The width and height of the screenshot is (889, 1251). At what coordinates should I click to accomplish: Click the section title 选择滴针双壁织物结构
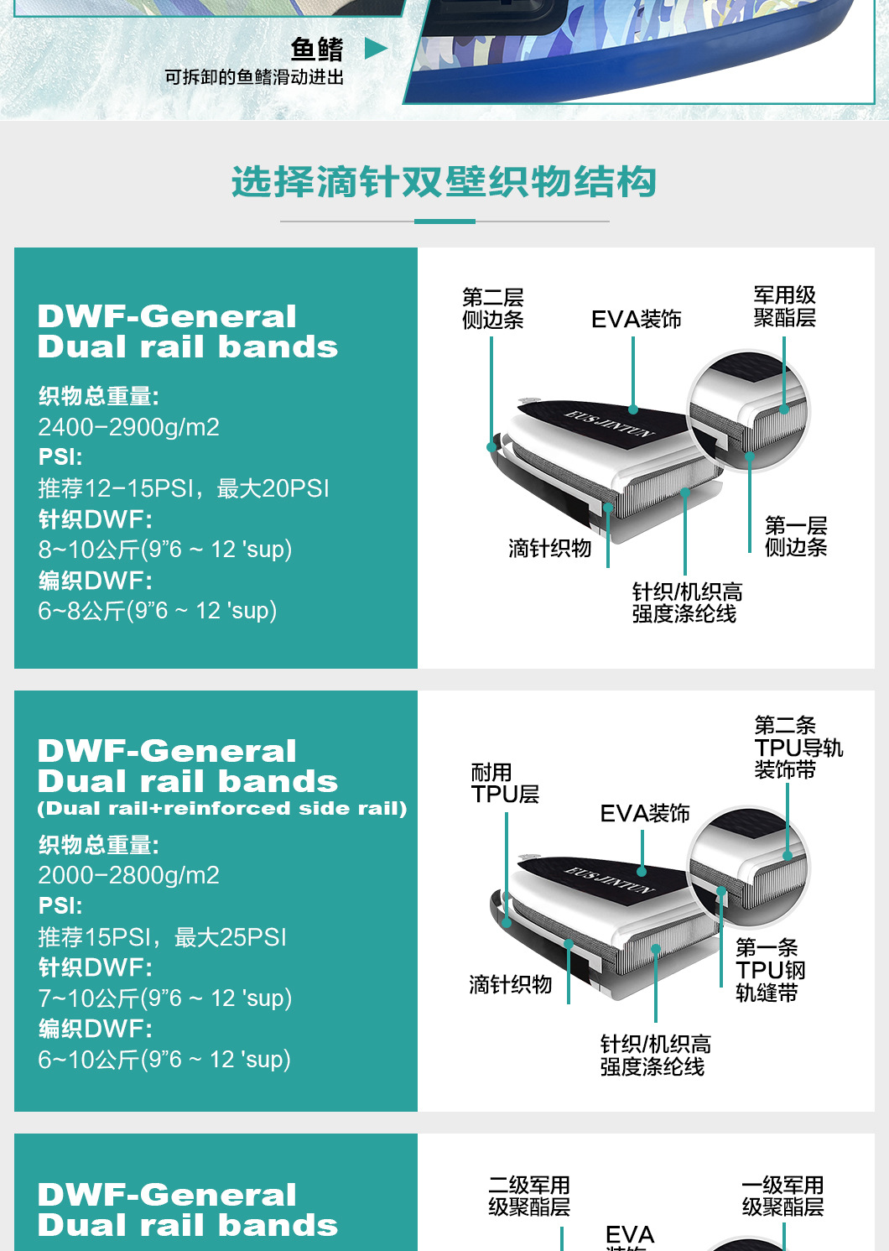444,182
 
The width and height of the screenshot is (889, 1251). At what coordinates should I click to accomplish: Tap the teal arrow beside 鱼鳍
376,49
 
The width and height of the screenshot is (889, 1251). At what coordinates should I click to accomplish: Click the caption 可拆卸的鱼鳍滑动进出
254,77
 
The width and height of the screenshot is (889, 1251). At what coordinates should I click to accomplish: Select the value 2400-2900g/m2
128,427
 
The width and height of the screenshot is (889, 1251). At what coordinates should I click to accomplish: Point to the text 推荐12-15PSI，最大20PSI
184,488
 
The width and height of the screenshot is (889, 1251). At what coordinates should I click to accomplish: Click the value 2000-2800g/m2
128,875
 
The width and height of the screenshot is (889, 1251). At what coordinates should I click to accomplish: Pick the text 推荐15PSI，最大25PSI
162,937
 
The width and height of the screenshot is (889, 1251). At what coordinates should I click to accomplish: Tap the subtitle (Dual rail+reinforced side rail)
222,809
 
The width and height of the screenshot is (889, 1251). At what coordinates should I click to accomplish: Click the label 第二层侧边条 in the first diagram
493,308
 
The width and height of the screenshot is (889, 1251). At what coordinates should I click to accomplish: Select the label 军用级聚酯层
784,306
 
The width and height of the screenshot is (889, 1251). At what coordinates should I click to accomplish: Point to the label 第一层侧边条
796,536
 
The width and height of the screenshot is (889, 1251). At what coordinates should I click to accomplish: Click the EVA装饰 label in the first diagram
636,320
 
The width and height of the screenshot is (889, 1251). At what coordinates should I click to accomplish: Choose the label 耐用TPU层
505,783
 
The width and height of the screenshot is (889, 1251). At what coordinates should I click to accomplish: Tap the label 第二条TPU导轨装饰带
798,747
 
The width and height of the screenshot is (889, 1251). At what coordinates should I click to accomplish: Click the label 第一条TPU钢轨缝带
770,970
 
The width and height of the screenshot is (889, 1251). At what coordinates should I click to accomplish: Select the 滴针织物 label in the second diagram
510,984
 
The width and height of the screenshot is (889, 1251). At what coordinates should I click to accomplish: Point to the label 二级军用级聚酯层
529,1196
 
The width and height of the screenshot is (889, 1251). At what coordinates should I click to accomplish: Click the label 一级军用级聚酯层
782,1196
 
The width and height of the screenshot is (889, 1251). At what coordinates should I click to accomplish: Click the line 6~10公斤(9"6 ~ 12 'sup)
164,1060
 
